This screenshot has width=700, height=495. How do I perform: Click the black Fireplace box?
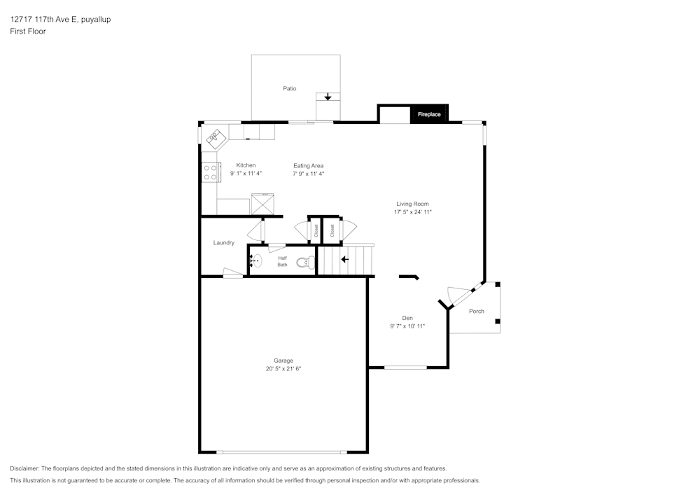[x=430, y=114]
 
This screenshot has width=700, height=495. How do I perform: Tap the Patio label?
[x=289, y=88]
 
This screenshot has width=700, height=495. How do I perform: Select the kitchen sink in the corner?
[x=216, y=138]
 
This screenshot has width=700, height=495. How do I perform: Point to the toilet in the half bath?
[x=306, y=262]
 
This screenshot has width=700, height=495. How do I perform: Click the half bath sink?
[x=255, y=260]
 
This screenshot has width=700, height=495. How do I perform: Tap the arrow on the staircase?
[x=344, y=259]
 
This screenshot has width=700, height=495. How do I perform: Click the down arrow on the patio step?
[x=328, y=97]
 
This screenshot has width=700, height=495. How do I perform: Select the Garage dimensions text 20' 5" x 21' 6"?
[x=283, y=369]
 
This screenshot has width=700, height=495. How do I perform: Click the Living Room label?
[x=412, y=204]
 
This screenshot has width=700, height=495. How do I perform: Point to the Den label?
[x=407, y=318]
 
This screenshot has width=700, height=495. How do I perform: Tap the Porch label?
[x=476, y=311]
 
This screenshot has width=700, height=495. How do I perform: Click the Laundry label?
[x=224, y=243]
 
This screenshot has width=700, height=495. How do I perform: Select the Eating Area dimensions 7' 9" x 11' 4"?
[x=309, y=174]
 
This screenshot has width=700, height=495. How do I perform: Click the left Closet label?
[x=316, y=231]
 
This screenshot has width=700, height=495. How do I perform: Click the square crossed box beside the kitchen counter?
[x=262, y=204]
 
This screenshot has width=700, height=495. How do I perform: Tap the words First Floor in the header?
[x=28, y=32]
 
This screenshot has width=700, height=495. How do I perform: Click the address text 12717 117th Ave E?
[x=44, y=19]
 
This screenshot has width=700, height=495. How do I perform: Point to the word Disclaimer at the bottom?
[x=24, y=468]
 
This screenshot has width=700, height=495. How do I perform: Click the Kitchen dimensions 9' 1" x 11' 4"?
[x=246, y=173]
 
